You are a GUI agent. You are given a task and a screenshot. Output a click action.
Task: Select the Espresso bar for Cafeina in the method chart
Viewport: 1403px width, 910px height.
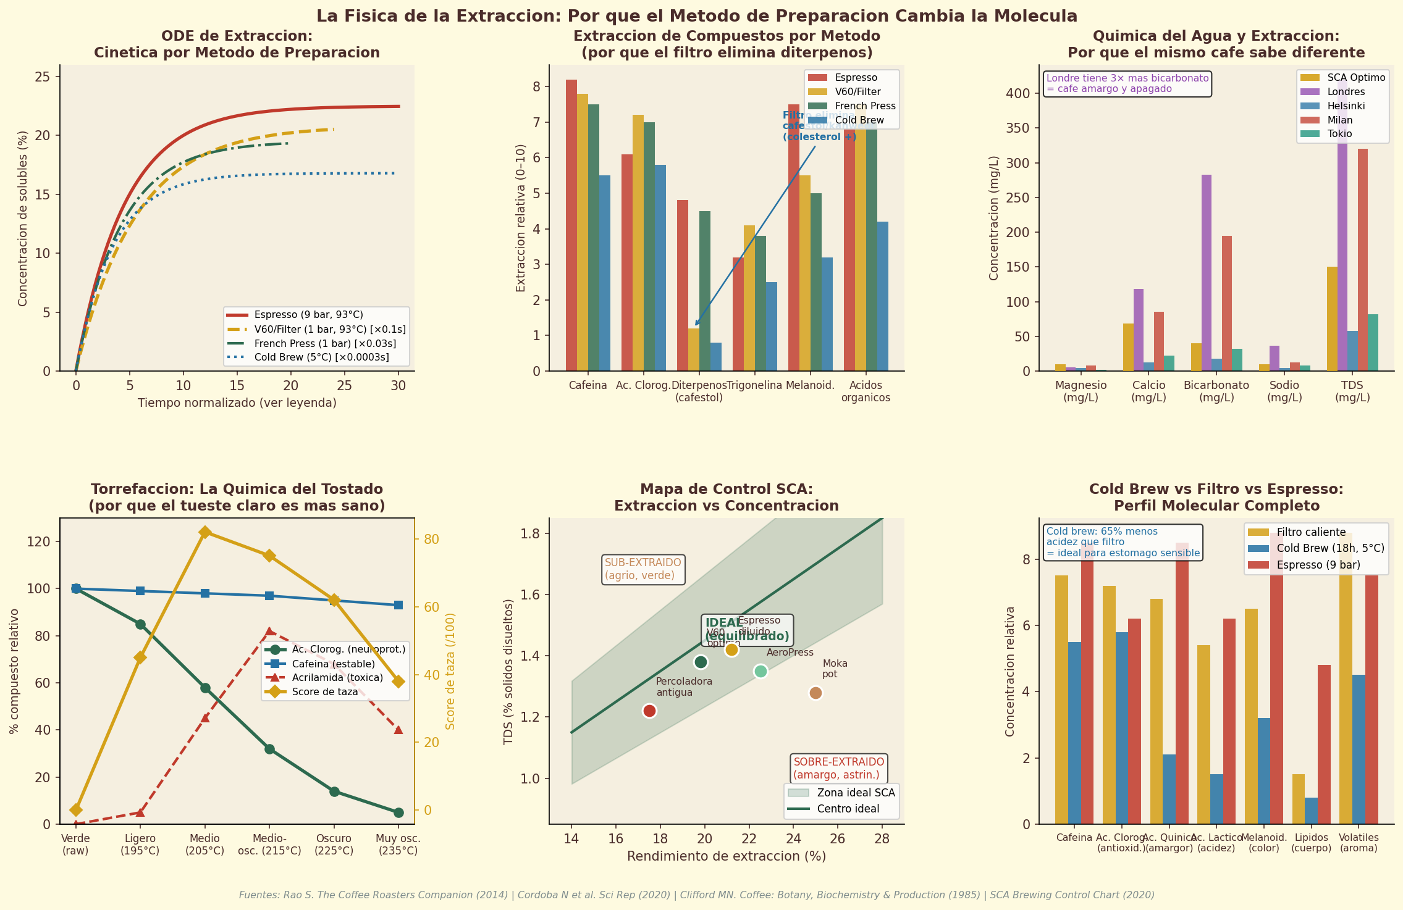click(x=571, y=225)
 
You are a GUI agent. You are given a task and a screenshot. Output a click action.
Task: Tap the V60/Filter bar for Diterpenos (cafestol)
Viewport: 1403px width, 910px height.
click(x=694, y=349)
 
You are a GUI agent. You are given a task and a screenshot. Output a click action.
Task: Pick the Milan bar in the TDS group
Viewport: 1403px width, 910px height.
click(x=1362, y=260)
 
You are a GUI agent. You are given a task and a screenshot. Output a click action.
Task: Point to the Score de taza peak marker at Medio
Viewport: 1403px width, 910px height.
click(x=205, y=532)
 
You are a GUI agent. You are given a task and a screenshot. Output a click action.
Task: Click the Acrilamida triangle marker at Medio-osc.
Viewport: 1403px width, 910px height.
click(x=269, y=632)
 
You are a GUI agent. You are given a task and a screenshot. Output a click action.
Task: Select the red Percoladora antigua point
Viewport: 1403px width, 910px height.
click(x=649, y=711)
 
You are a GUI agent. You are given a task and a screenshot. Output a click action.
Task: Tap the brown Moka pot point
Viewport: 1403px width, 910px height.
click(x=815, y=693)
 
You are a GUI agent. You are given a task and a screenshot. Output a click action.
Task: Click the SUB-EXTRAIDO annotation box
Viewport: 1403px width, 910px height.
click(x=643, y=569)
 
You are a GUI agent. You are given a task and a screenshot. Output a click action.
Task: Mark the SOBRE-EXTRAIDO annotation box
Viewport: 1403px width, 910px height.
click(x=838, y=769)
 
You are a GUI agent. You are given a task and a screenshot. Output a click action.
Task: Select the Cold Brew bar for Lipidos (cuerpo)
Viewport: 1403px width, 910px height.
click(x=1311, y=811)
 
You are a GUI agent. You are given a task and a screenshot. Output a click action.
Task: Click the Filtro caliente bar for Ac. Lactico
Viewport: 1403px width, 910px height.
click(x=1203, y=735)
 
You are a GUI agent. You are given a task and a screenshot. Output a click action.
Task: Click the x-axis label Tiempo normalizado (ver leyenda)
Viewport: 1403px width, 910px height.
click(x=237, y=403)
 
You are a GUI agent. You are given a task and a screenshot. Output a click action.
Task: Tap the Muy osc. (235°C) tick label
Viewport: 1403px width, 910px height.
click(x=398, y=845)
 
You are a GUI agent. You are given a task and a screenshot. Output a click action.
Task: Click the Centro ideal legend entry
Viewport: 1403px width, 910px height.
click(x=848, y=809)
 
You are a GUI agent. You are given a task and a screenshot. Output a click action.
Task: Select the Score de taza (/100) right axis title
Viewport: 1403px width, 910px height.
click(x=450, y=671)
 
